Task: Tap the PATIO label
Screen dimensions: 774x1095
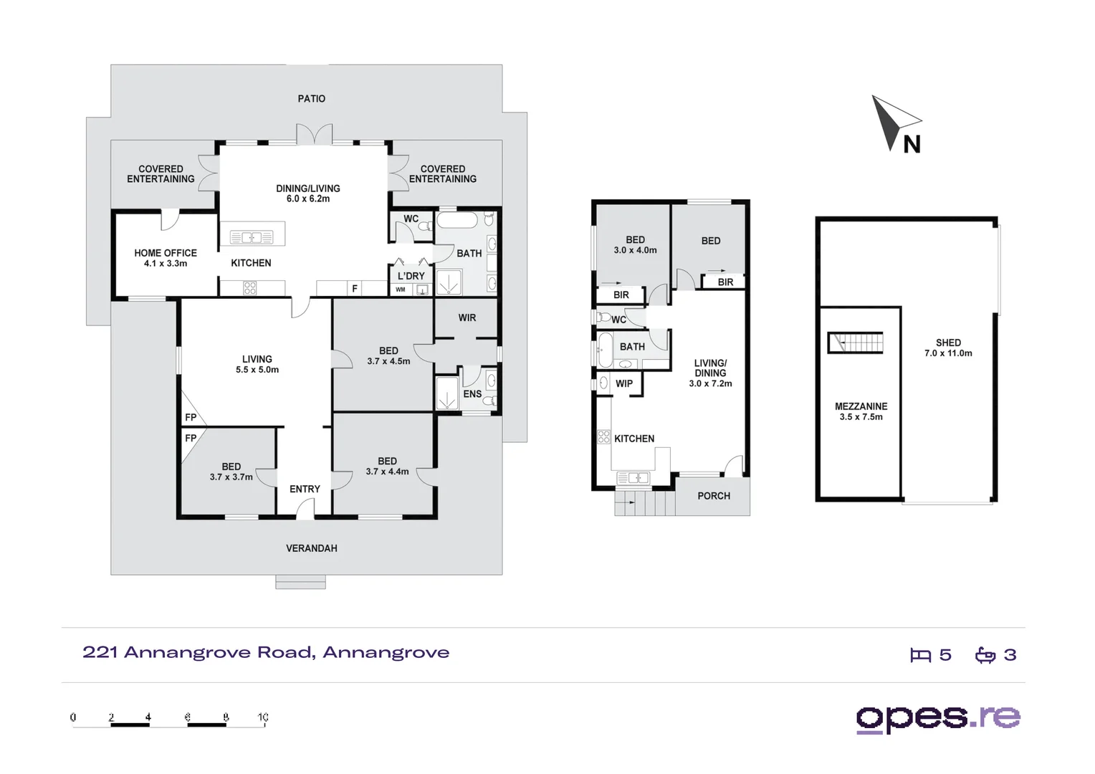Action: click(x=311, y=99)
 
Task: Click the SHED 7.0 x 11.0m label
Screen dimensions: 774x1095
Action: click(x=947, y=348)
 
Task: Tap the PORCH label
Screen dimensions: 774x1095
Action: click(x=713, y=496)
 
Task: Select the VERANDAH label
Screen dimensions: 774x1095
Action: click(x=311, y=548)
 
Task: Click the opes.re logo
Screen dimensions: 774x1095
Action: click(x=937, y=718)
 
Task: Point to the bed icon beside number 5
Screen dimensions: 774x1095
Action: click(x=920, y=655)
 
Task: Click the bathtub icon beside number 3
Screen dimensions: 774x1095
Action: click(x=985, y=655)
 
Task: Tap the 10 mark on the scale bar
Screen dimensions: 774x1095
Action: click(x=263, y=717)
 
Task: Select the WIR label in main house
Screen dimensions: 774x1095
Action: click(x=467, y=317)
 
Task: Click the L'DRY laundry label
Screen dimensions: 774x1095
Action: click(x=411, y=276)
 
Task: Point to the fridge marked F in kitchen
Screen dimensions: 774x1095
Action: click(x=354, y=289)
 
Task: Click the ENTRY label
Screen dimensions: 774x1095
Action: click(x=305, y=489)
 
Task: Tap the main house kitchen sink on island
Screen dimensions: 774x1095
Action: click(x=251, y=237)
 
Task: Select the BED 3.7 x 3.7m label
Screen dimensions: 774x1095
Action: click(x=231, y=472)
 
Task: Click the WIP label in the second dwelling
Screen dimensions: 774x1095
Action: click(x=623, y=383)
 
